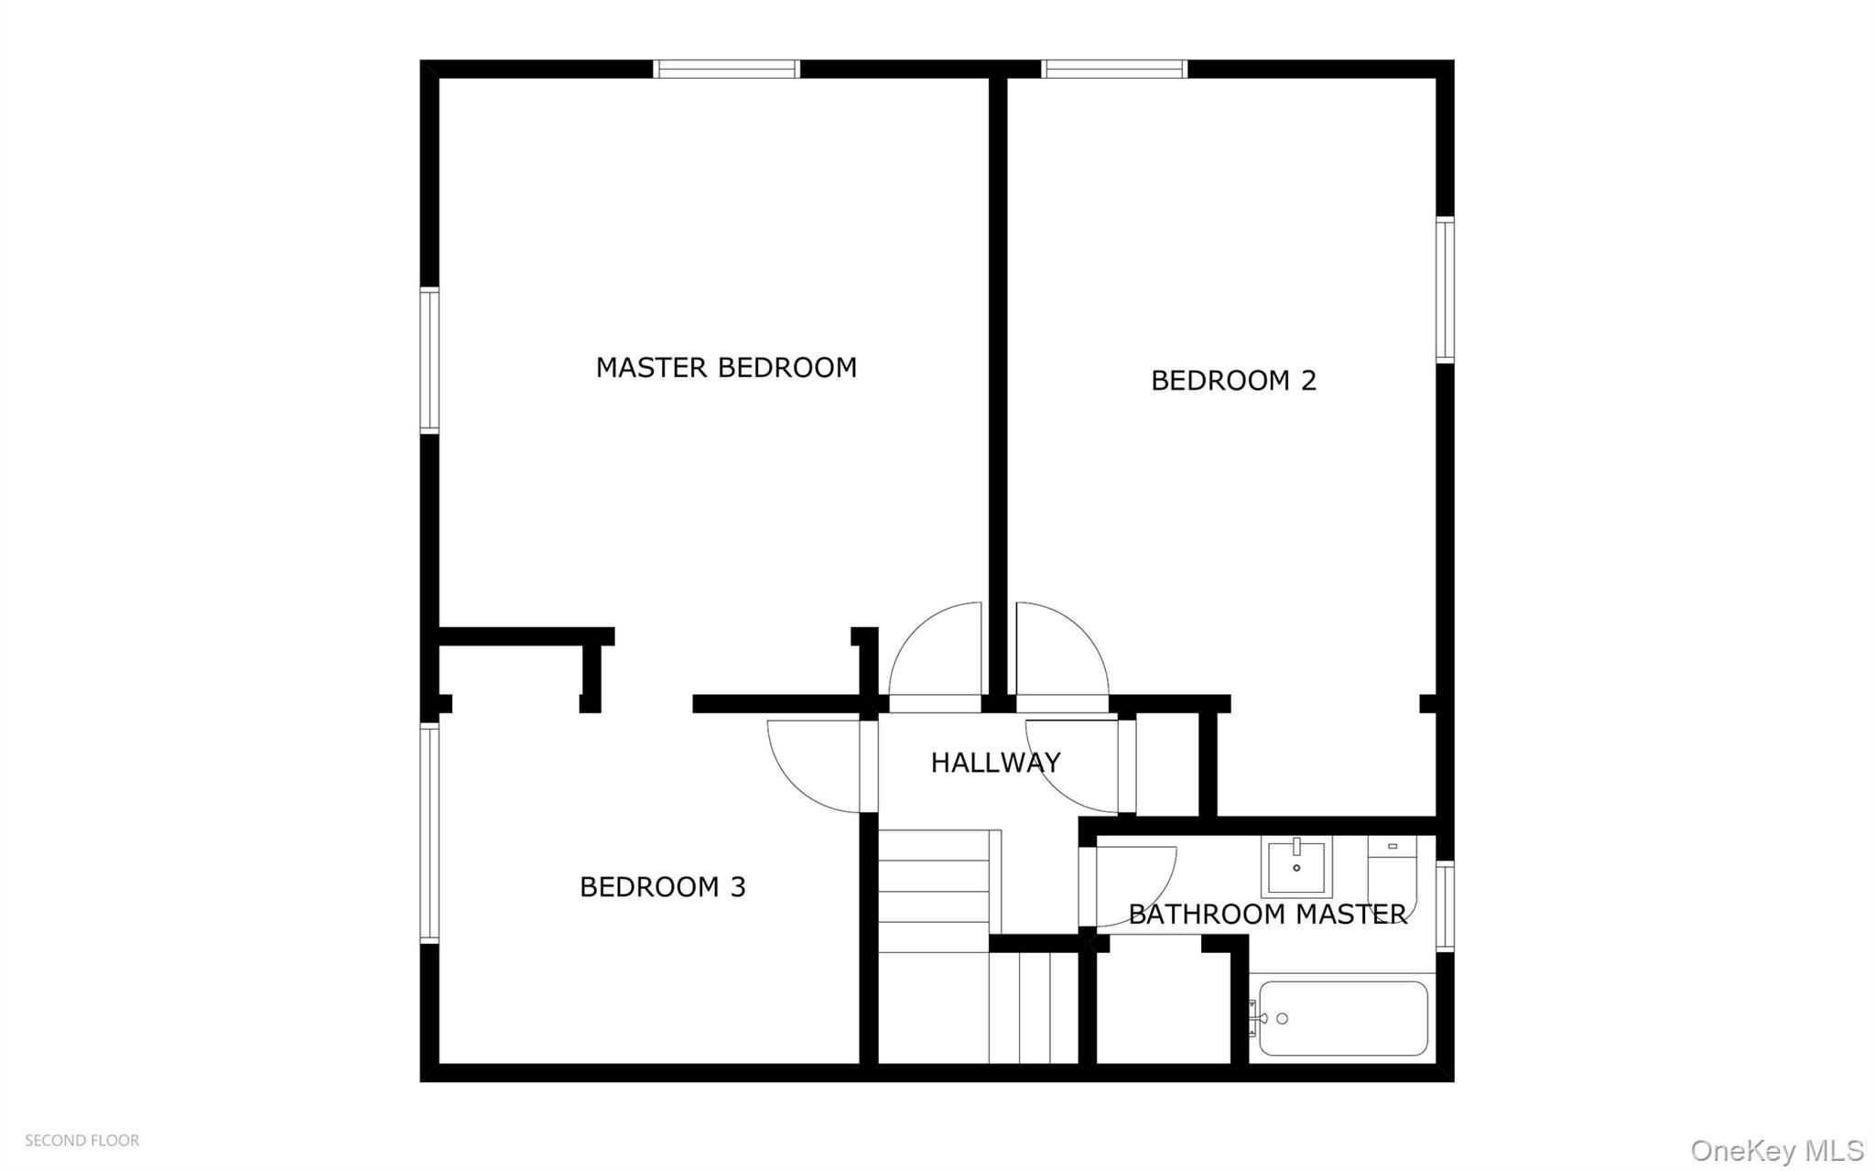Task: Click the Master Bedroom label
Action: [726, 368]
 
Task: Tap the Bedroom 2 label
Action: [1233, 381]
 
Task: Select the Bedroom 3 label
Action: [663, 887]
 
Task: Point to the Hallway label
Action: [995, 763]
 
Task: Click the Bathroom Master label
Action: [1267, 915]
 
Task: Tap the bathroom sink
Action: [1296, 866]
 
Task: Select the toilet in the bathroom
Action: [1393, 874]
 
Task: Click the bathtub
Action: [1343, 1018]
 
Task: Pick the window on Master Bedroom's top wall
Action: [727, 70]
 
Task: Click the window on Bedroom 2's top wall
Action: [1114, 70]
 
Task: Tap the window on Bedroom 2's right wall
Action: [1445, 290]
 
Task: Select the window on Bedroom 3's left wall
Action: [429, 833]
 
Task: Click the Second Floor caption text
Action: [82, 1141]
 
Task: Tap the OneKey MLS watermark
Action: [1777, 1150]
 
